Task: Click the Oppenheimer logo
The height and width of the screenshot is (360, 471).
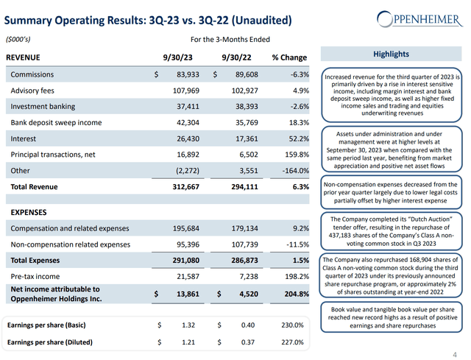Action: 419,19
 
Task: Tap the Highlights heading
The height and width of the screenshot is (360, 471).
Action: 391,54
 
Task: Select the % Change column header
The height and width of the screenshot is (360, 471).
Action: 289,57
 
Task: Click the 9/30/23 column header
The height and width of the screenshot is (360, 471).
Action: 177,57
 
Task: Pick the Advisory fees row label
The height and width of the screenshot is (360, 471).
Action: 32,91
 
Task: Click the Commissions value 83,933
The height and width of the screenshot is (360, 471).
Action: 188,74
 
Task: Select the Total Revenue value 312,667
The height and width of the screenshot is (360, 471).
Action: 185,186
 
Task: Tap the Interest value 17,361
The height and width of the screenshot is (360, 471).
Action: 247,138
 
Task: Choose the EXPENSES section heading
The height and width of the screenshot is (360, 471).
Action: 29,213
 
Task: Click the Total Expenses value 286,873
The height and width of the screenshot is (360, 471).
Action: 244,260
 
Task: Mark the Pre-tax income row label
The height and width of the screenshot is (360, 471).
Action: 35,277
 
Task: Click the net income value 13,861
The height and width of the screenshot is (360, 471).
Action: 188,294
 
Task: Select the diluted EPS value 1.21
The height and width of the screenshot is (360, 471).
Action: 188,342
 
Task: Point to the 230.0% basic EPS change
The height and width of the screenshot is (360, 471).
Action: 292,325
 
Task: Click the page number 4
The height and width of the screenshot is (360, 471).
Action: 455,355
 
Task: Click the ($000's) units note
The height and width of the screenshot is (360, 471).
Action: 18,39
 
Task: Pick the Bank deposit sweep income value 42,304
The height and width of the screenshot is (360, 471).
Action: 188,123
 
